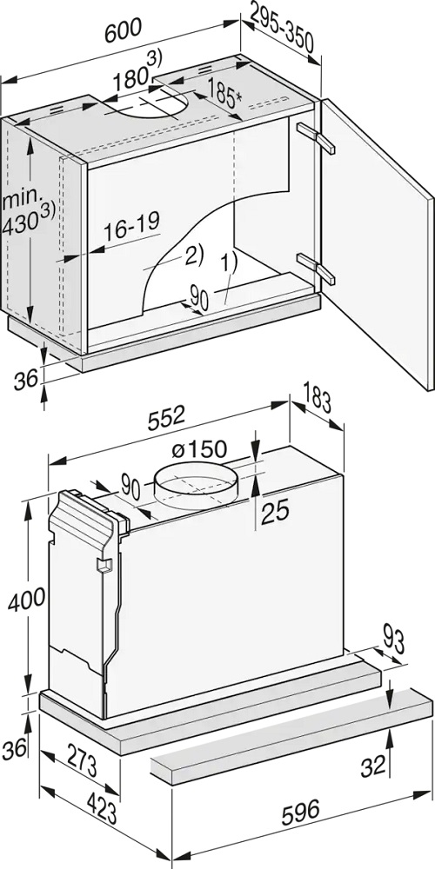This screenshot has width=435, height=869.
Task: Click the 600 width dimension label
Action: point(124,30)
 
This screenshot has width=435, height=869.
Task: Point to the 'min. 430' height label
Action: point(28,213)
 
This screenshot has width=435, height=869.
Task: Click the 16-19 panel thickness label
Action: point(132,226)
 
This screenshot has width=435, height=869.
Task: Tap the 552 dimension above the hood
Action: point(165,415)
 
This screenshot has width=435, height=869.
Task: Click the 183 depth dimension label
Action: point(318,399)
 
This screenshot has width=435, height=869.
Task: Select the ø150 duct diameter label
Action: point(199,449)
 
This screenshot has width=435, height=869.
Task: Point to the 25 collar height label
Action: point(275,511)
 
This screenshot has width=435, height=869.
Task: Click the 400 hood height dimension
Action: point(27,599)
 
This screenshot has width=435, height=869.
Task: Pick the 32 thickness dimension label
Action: point(373,766)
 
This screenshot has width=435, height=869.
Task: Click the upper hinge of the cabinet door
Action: point(317,137)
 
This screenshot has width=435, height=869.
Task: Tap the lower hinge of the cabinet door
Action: point(317,269)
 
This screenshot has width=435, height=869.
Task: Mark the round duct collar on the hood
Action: point(194,481)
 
